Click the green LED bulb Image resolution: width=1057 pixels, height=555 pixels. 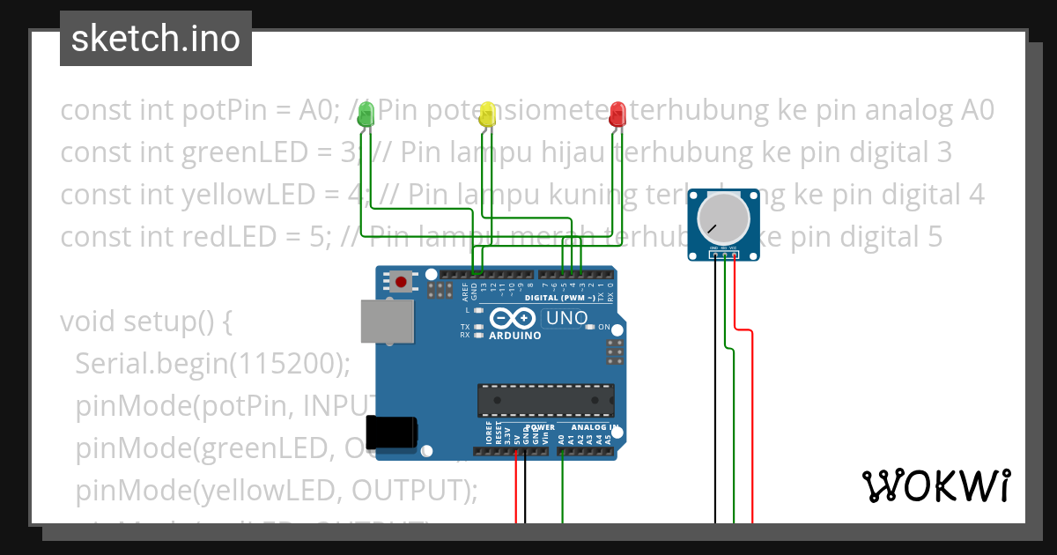pos(365,112)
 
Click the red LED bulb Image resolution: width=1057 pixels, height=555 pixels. pos(617,112)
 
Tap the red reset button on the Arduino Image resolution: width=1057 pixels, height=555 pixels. pos(402,282)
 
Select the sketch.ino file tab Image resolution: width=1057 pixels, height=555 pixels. pos(156,39)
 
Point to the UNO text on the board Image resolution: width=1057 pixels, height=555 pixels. pos(567,318)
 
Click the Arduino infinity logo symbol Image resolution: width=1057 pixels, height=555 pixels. pos(513,319)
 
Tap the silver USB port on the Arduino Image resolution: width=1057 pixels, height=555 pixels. pos(387,321)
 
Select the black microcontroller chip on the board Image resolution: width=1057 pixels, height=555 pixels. pos(545,400)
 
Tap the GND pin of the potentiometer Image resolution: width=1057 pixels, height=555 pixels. pos(713,255)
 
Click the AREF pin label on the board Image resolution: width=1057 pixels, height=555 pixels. pos(464,287)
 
